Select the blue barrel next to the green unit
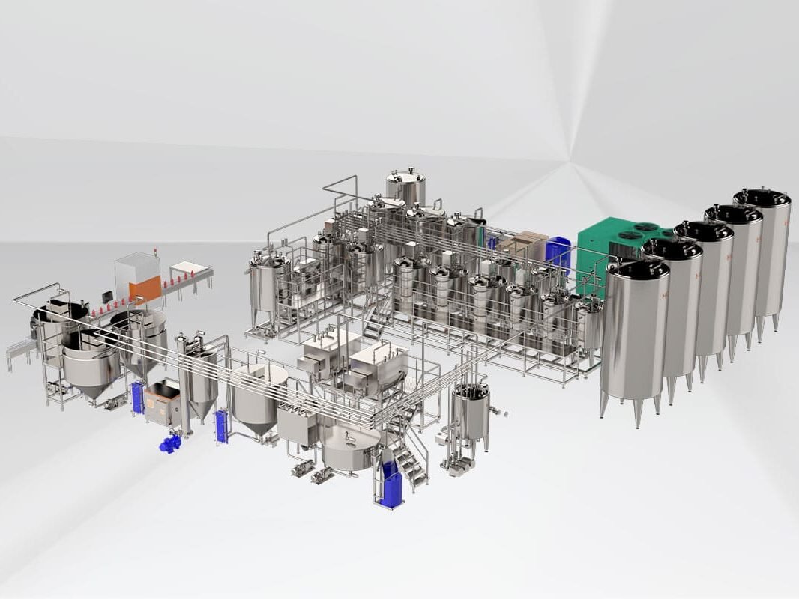click(558, 253)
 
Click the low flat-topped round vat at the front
click(349, 447)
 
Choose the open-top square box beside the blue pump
click(163, 402)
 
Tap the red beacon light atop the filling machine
click(156, 249)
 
